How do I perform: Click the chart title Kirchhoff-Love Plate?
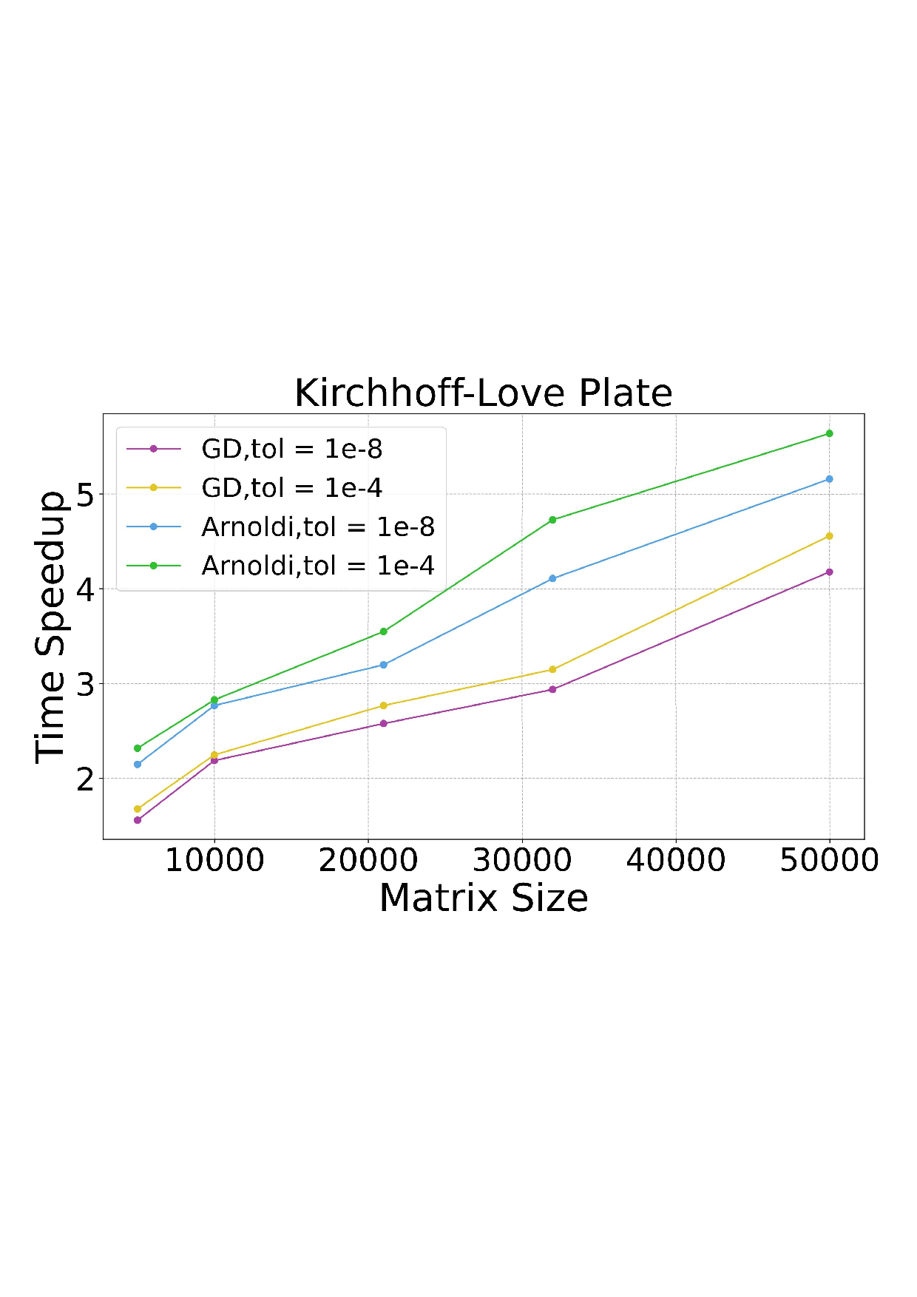click(483, 393)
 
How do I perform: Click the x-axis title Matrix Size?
click(483, 898)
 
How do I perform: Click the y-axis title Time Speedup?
click(51, 626)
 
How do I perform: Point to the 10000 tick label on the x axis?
click(214, 860)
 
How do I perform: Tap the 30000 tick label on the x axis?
click(522, 860)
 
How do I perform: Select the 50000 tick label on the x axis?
click(829, 860)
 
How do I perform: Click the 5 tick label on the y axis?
click(86, 495)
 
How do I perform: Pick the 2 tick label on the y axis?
click(86, 779)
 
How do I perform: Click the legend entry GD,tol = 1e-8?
click(291, 449)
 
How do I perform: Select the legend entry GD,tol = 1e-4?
click(291, 487)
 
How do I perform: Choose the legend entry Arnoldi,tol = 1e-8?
click(317, 526)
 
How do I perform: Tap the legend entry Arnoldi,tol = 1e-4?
click(317, 566)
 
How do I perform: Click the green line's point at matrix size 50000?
click(829, 433)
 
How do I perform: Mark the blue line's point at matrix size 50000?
click(829, 479)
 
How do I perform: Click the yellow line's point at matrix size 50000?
click(829, 536)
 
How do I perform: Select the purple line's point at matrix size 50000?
click(829, 572)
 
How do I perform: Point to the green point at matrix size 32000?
click(552, 520)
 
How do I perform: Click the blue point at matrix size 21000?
click(383, 665)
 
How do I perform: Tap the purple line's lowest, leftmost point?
click(138, 820)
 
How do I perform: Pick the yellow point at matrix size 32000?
click(552, 670)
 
